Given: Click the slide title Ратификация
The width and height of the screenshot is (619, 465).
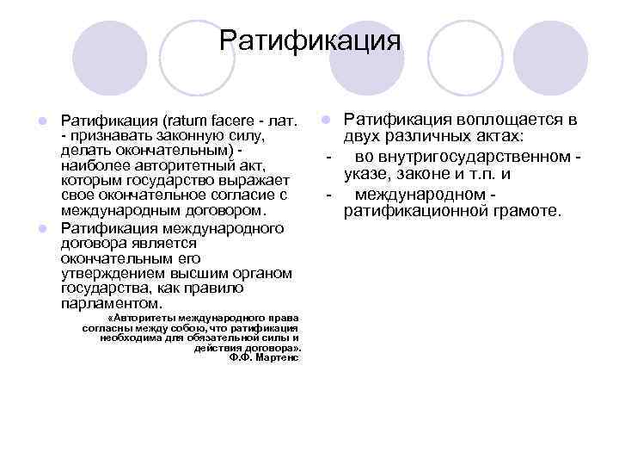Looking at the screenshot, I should click(x=309, y=40).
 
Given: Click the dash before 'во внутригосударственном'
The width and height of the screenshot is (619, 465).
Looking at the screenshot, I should click(x=329, y=158).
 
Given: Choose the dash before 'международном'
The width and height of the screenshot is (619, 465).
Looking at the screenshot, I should click(x=329, y=193).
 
